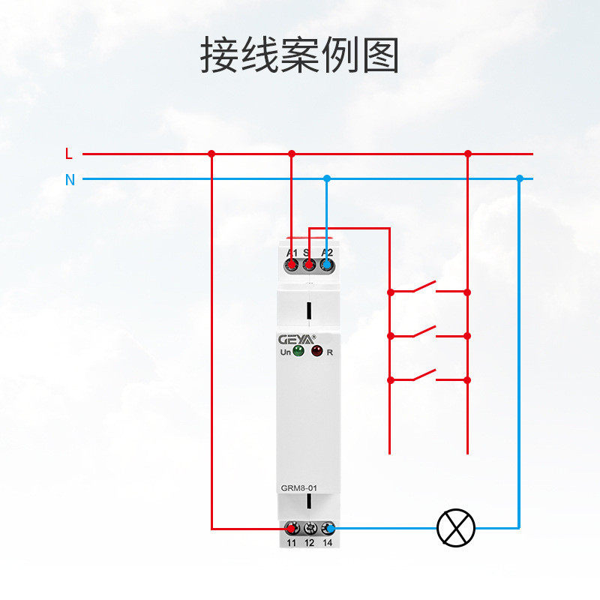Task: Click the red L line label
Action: pyautogui.click(x=69, y=154)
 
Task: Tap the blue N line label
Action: pyautogui.click(x=70, y=180)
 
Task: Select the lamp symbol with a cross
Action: pyautogui.click(x=456, y=528)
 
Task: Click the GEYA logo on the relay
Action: pyautogui.click(x=298, y=339)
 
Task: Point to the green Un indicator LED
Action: pyautogui.click(x=298, y=352)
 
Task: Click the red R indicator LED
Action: pyautogui.click(x=316, y=352)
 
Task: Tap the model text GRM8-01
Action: pyautogui.click(x=299, y=489)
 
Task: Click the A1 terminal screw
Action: pyautogui.click(x=291, y=265)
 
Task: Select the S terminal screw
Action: pyautogui.click(x=308, y=265)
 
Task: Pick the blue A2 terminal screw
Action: pyautogui.click(x=326, y=265)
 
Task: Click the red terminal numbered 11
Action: pyautogui.click(x=291, y=528)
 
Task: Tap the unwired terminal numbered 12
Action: pyautogui.click(x=309, y=528)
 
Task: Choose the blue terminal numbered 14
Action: pyautogui.click(x=328, y=528)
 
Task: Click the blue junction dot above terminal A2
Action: pyautogui.click(x=326, y=178)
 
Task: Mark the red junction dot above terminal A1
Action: pyautogui.click(x=292, y=154)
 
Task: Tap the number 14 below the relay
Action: pyautogui.click(x=328, y=542)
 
